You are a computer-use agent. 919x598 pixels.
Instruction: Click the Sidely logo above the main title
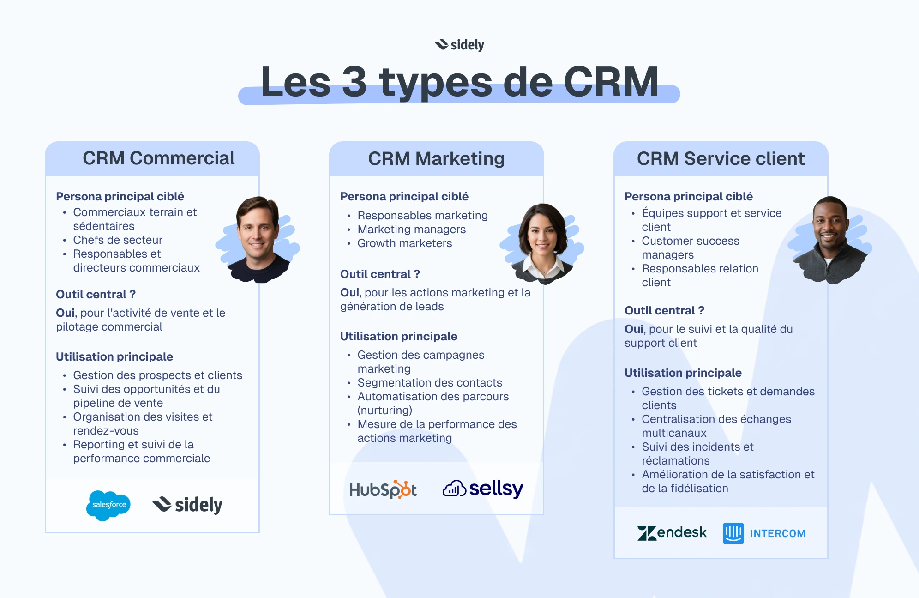(x=460, y=45)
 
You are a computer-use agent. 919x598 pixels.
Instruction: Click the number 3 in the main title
(x=354, y=82)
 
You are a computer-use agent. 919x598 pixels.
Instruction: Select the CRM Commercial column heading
(x=158, y=158)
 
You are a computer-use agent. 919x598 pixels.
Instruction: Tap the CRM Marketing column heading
(x=436, y=159)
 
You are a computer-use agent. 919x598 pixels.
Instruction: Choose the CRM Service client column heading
(x=721, y=159)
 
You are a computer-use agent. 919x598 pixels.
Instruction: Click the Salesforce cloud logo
(x=109, y=505)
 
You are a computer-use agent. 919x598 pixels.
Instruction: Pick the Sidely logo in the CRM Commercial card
(x=188, y=505)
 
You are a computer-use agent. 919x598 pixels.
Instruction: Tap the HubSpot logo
(x=383, y=489)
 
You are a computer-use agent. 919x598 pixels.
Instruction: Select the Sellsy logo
(x=483, y=489)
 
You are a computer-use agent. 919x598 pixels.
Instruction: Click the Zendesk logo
(x=672, y=533)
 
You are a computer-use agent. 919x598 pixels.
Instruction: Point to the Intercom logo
(x=764, y=533)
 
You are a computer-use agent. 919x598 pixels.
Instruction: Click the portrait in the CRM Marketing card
(x=543, y=242)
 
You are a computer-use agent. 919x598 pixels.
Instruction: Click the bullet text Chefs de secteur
(x=118, y=240)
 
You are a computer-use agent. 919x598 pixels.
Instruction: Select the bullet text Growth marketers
(x=405, y=243)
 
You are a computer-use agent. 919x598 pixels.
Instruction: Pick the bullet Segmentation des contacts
(x=430, y=383)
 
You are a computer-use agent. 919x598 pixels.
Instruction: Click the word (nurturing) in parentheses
(x=385, y=411)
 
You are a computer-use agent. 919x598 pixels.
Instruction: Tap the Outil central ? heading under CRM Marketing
(x=380, y=274)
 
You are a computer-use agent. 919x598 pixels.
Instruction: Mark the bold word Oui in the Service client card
(x=634, y=329)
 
